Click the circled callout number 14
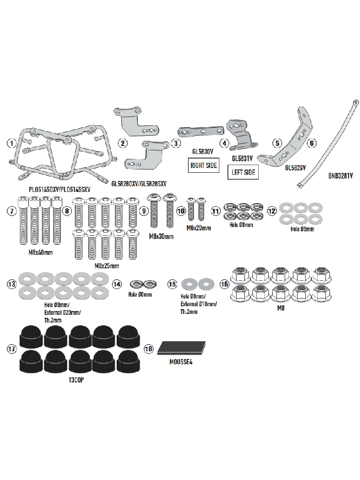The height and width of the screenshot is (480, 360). (x=117, y=284)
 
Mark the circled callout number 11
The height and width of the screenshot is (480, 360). (x=216, y=210)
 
